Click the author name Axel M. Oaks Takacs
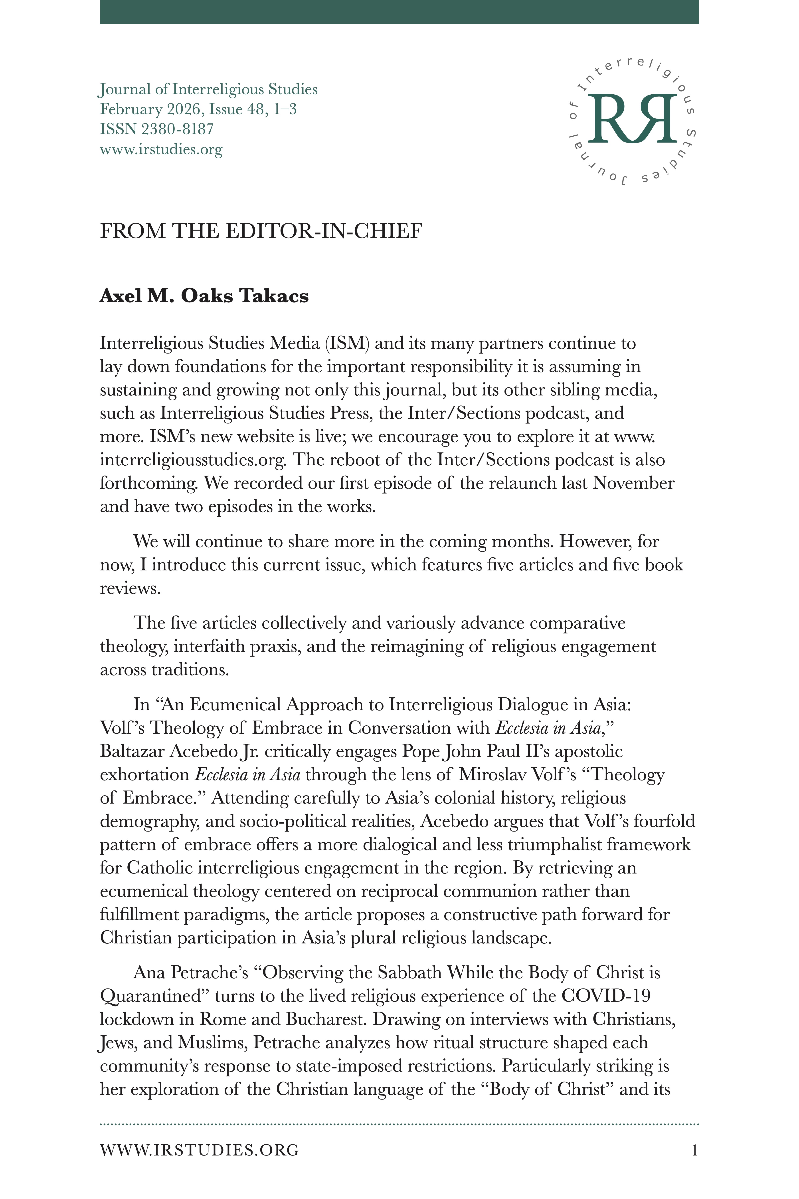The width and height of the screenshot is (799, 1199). pos(204,296)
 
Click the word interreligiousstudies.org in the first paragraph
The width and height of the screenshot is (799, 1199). pos(194,460)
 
